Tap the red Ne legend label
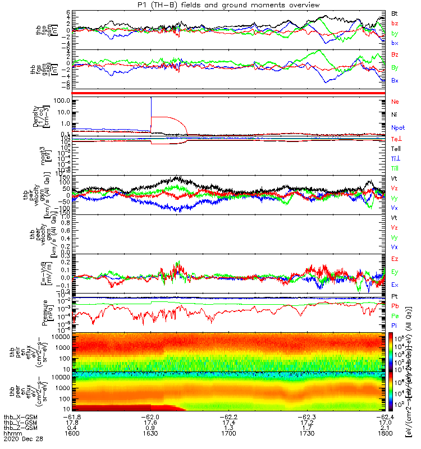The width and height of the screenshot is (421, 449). click(x=395, y=102)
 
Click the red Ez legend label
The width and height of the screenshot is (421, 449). click(x=395, y=259)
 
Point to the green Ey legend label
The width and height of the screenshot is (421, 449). click(x=395, y=272)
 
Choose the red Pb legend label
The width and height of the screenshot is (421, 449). click(x=395, y=306)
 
